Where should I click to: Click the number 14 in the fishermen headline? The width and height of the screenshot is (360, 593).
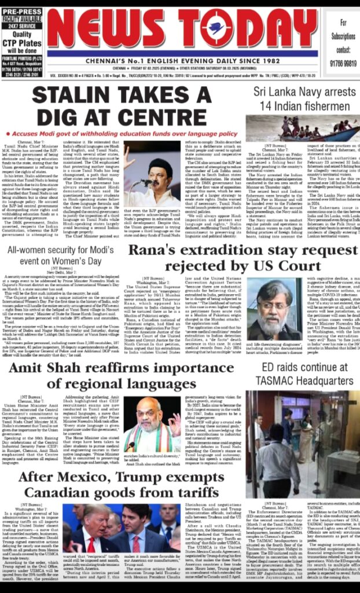[x=265, y=105]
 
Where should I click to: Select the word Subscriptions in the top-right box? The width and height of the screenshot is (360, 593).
[x=344, y=35]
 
